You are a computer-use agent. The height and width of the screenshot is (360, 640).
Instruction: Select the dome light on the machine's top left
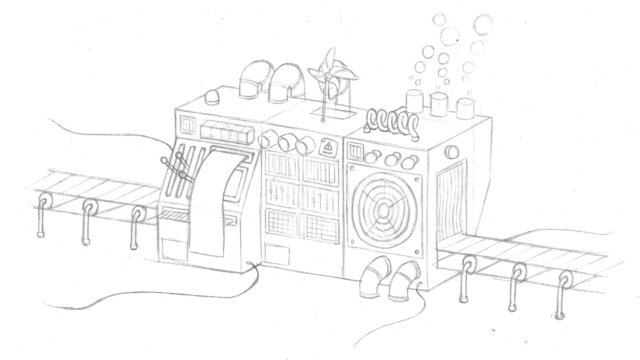click(213, 97)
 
